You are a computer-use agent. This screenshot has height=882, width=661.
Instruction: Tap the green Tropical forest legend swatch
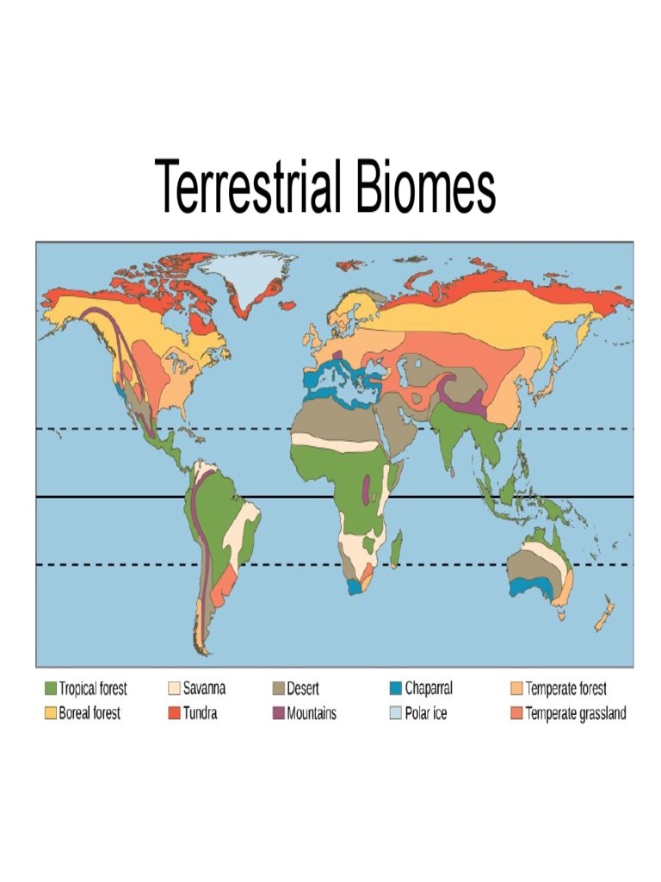pos(50,688)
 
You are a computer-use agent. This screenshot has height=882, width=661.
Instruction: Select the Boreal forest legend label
pos(90,713)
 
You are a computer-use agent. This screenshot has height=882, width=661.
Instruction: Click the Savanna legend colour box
pos(174,688)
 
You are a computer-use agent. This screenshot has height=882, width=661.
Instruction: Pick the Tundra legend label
pos(200,713)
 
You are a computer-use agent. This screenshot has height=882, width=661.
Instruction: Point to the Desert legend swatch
pos(279,688)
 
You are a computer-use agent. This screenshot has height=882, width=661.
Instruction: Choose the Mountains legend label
pos(312,713)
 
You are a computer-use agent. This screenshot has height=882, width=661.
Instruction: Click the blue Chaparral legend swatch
pos(396,688)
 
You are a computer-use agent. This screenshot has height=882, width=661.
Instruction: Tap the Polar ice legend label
pos(426,713)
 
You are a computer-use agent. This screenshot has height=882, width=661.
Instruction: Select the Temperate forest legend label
pos(566,688)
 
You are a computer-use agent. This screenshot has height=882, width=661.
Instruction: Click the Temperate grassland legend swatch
pos(516,713)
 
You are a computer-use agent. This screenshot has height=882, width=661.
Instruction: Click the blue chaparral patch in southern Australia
pos(522,587)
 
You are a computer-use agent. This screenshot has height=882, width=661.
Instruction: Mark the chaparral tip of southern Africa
pos(354,585)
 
